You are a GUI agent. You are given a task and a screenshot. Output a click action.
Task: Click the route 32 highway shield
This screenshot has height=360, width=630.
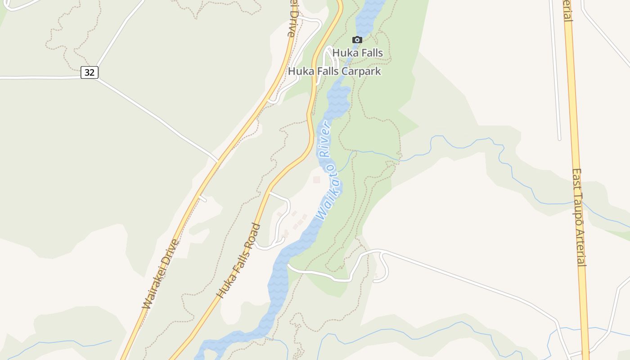point(90,72)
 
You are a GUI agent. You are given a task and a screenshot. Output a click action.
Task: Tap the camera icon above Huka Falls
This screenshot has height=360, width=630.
point(357,40)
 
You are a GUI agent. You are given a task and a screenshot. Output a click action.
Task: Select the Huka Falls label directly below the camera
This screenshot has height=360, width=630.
point(358,53)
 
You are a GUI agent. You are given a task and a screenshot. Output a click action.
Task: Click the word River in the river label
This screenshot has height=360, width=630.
point(325,138)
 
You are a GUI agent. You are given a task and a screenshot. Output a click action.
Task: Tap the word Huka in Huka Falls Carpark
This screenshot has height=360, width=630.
point(298,71)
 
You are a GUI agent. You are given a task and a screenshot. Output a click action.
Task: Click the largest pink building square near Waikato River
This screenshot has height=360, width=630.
point(317,180)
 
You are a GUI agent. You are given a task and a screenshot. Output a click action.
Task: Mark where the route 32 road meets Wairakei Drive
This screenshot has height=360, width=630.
point(218,161)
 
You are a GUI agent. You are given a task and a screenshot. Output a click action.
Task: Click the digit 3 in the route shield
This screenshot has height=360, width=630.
point(87,72)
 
